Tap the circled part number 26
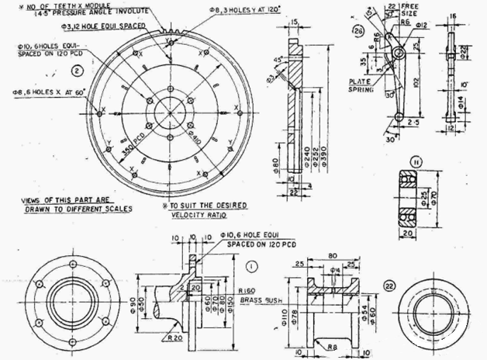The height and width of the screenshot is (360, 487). (358, 31)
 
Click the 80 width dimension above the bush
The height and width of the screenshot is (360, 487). (333, 253)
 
